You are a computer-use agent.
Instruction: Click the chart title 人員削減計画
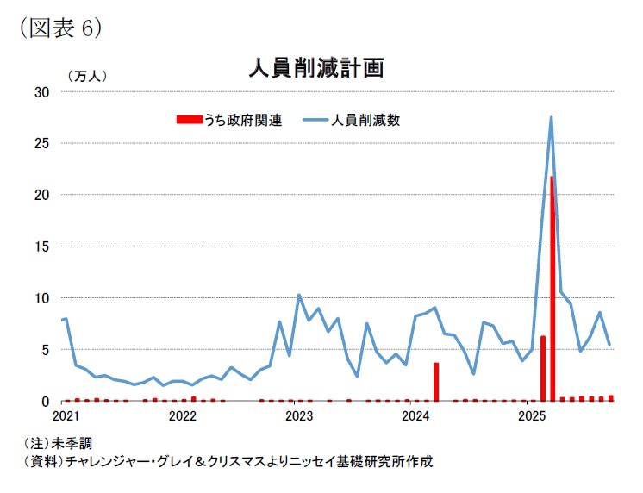(315, 68)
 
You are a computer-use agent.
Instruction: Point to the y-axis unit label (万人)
(86, 76)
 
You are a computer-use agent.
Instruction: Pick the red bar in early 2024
(436, 382)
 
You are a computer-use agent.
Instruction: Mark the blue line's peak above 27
(551, 117)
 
